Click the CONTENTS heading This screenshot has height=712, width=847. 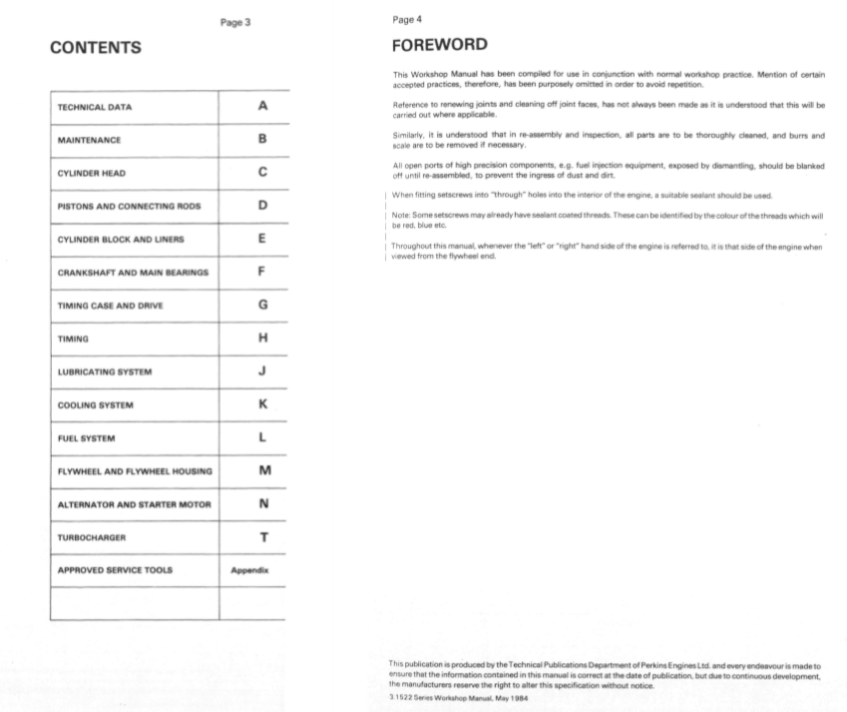click(96, 47)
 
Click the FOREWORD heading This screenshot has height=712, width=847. click(440, 45)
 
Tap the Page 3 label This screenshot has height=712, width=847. click(234, 22)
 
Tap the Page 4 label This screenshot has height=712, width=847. click(407, 19)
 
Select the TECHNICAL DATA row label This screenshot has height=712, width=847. click(95, 107)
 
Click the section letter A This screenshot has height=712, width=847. click(262, 106)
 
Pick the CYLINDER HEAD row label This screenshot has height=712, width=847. click(92, 173)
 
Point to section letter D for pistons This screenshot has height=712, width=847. click(262, 205)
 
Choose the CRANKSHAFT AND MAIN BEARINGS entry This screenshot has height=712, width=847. click(133, 273)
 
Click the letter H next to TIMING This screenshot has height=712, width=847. click(262, 338)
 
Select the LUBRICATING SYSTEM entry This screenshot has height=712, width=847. click(105, 372)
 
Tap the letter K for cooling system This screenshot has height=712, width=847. click(262, 404)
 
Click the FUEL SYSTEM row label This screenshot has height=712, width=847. click(87, 438)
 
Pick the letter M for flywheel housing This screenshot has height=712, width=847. click(262, 470)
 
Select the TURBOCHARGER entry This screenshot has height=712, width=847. click(92, 537)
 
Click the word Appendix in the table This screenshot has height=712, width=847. click(251, 570)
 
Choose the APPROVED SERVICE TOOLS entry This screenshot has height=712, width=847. click(115, 570)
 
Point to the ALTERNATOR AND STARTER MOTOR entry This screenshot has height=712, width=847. click(135, 504)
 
